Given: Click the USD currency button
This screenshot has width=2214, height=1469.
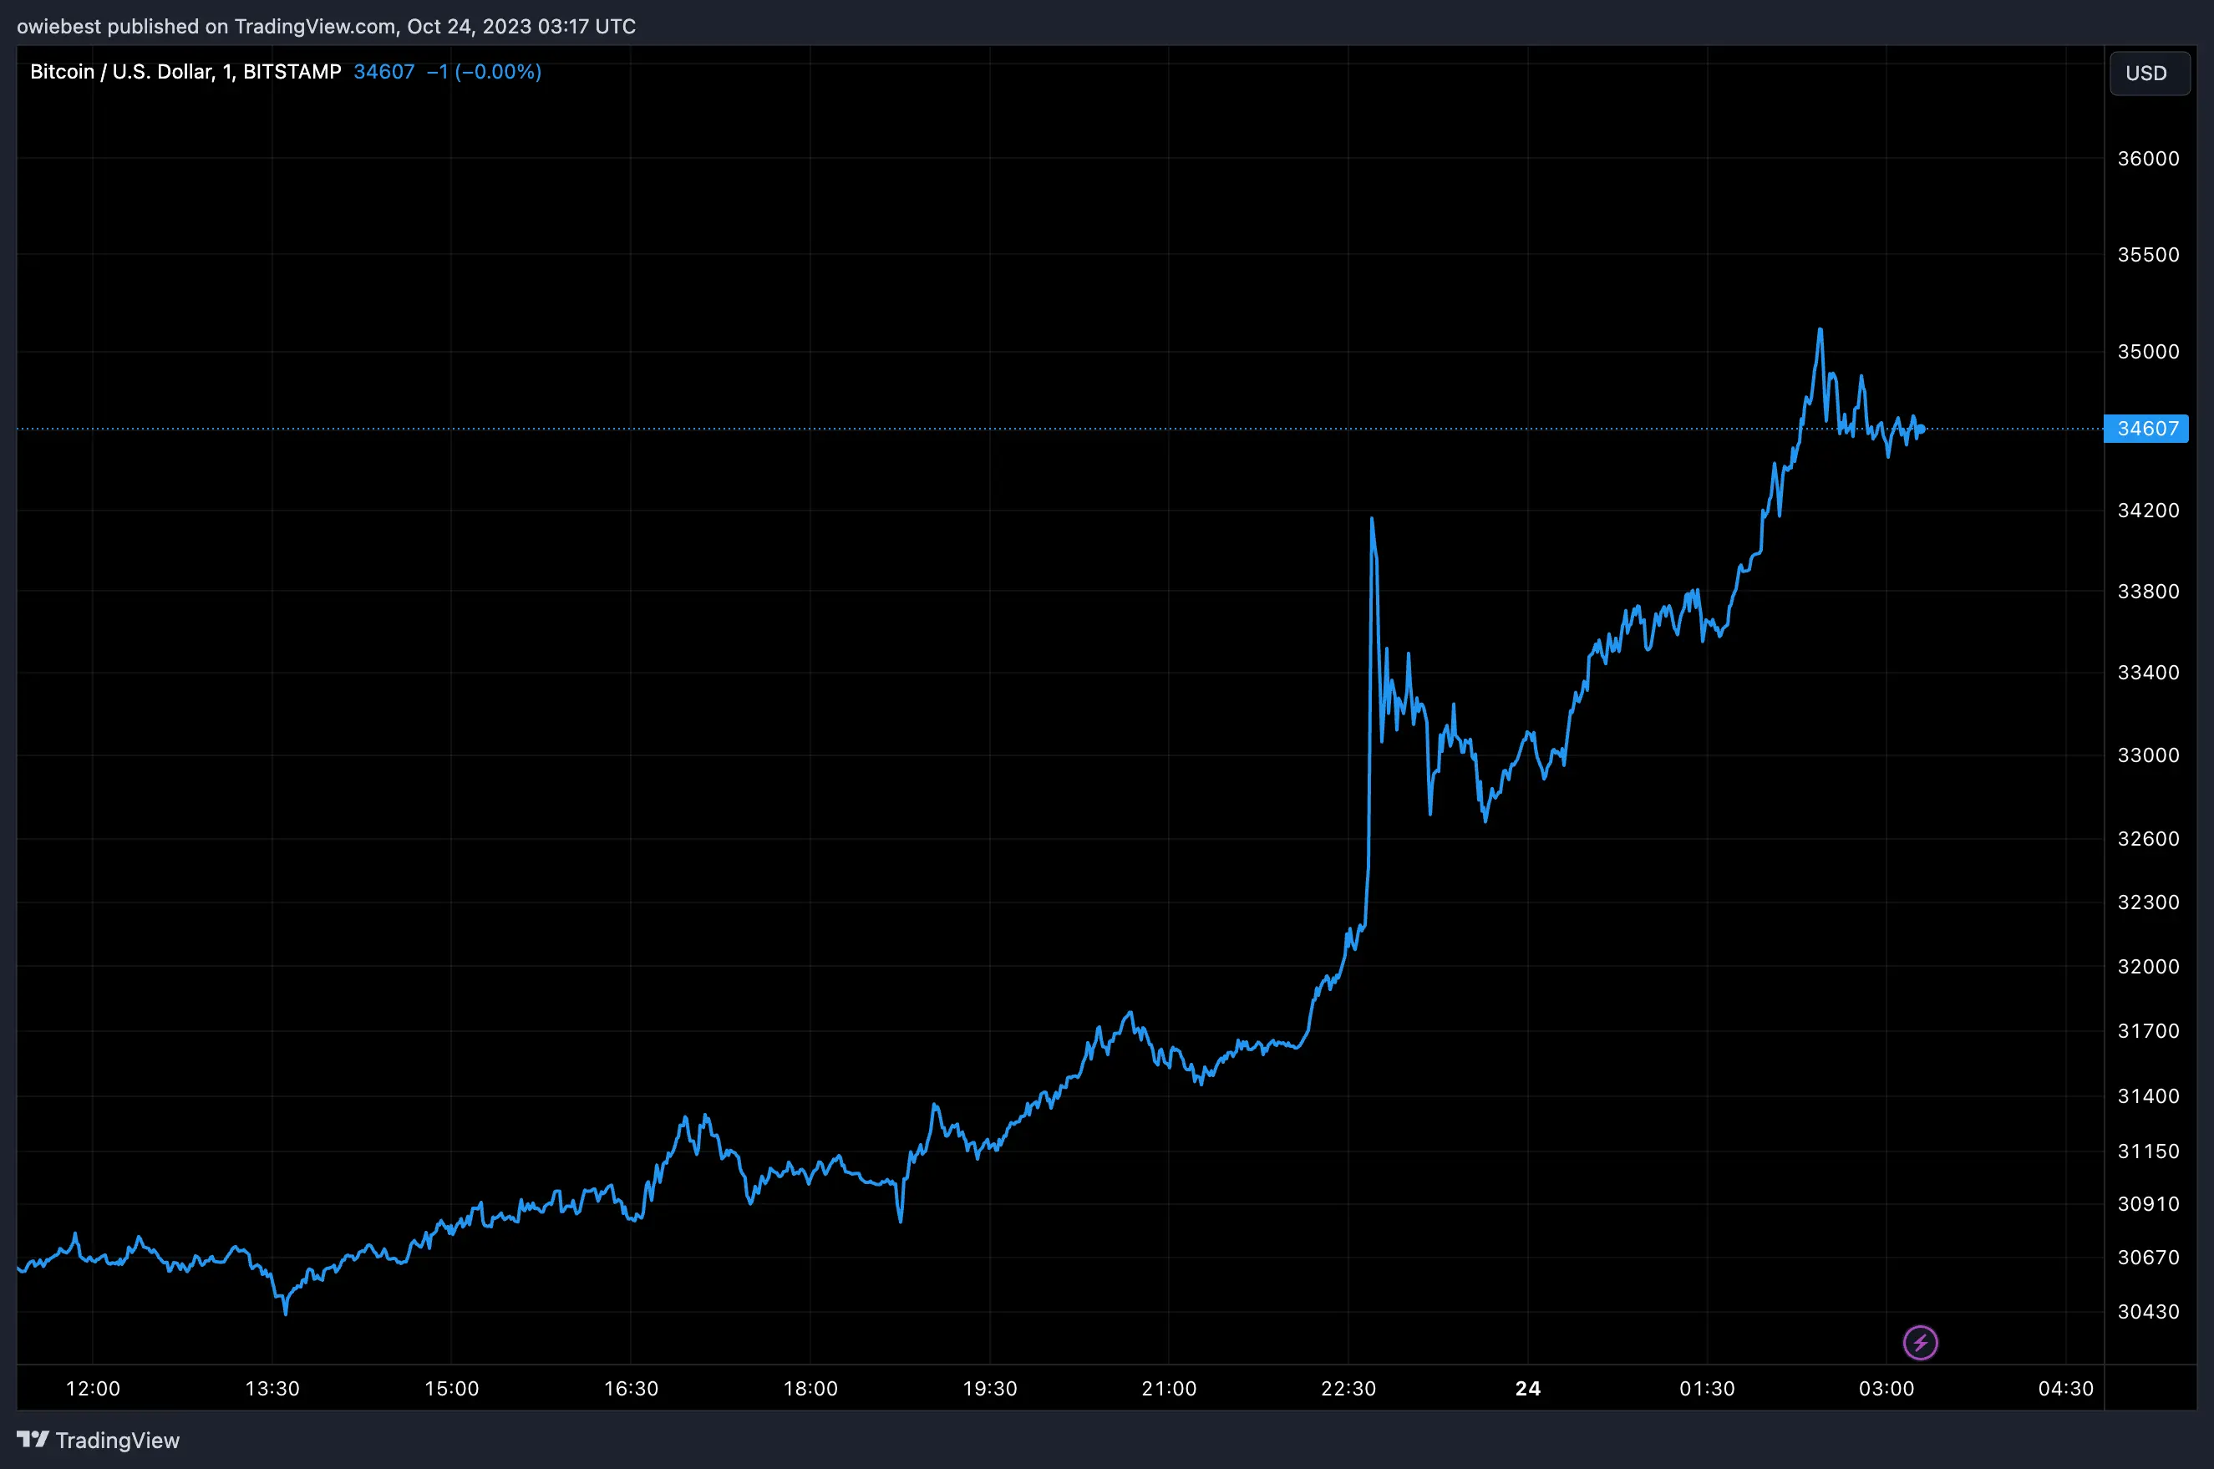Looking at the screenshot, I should click(2149, 73).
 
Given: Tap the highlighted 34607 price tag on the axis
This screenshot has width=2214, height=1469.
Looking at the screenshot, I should click(2146, 428).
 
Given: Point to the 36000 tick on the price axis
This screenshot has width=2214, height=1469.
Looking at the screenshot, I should click(2149, 158).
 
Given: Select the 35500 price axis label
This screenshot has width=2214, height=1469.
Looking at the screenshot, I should click(2149, 255).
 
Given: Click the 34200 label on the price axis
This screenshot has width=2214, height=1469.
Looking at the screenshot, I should click(2149, 511).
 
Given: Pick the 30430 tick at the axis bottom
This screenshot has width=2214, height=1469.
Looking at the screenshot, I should click(2149, 1312).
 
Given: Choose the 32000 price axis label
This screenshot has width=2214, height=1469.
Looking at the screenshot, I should click(2149, 966).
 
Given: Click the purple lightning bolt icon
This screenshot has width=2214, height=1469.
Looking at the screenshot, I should click(1920, 1343).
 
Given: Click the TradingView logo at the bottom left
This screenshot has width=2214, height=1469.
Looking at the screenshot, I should click(99, 1440).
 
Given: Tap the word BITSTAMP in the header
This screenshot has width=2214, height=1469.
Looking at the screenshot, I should click(292, 72).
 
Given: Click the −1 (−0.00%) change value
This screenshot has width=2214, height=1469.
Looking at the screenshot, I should click(483, 72).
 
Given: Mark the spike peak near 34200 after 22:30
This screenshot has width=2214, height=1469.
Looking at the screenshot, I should click(1371, 518).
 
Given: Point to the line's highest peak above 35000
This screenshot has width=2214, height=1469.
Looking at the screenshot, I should click(1820, 330).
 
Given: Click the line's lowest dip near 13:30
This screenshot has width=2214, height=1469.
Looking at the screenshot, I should click(286, 1313).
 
